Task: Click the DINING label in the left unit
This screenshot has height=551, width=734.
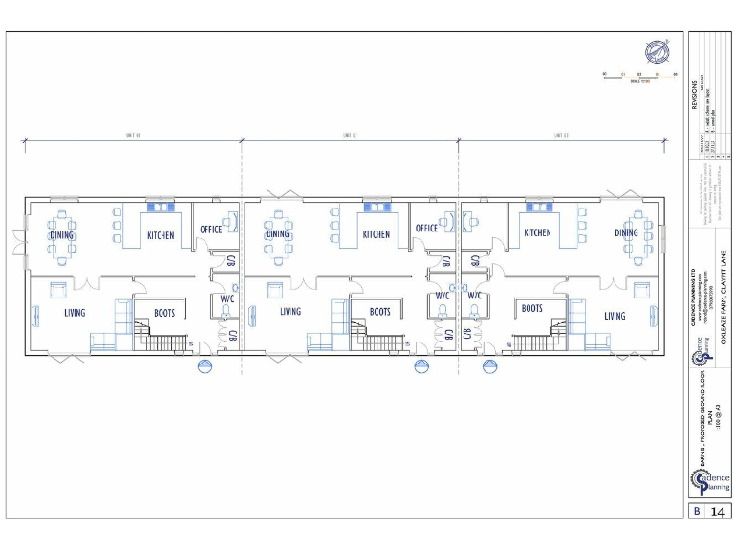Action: click(x=61, y=234)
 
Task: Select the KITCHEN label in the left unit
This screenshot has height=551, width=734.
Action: click(x=160, y=234)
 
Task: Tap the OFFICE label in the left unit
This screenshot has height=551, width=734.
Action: click(x=210, y=230)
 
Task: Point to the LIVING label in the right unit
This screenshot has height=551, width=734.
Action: click(x=615, y=316)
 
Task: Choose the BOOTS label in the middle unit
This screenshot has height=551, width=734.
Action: click(x=380, y=312)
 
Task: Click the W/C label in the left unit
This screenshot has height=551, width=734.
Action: click(x=227, y=298)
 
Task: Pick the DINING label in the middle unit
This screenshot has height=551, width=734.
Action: click(x=277, y=234)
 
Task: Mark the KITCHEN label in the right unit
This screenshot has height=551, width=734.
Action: click(x=537, y=232)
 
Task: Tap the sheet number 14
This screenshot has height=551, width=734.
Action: click(x=717, y=512)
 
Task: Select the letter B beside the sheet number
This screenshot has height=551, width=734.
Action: click(x=697, y=512)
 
